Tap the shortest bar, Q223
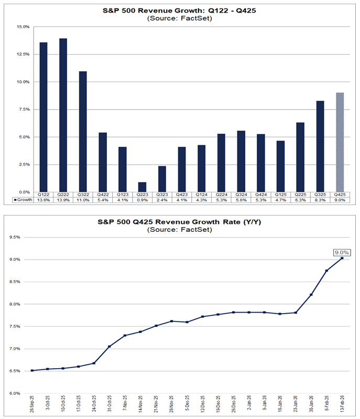click(143, 187)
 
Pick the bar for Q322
click(83, 132)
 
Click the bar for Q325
click(320, 146)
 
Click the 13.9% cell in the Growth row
click(63, 200)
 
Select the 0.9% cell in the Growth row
click(143, 200)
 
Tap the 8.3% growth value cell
click(320, 200)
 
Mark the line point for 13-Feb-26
click(342, 258)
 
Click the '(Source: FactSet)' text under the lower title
click(180, 230)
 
